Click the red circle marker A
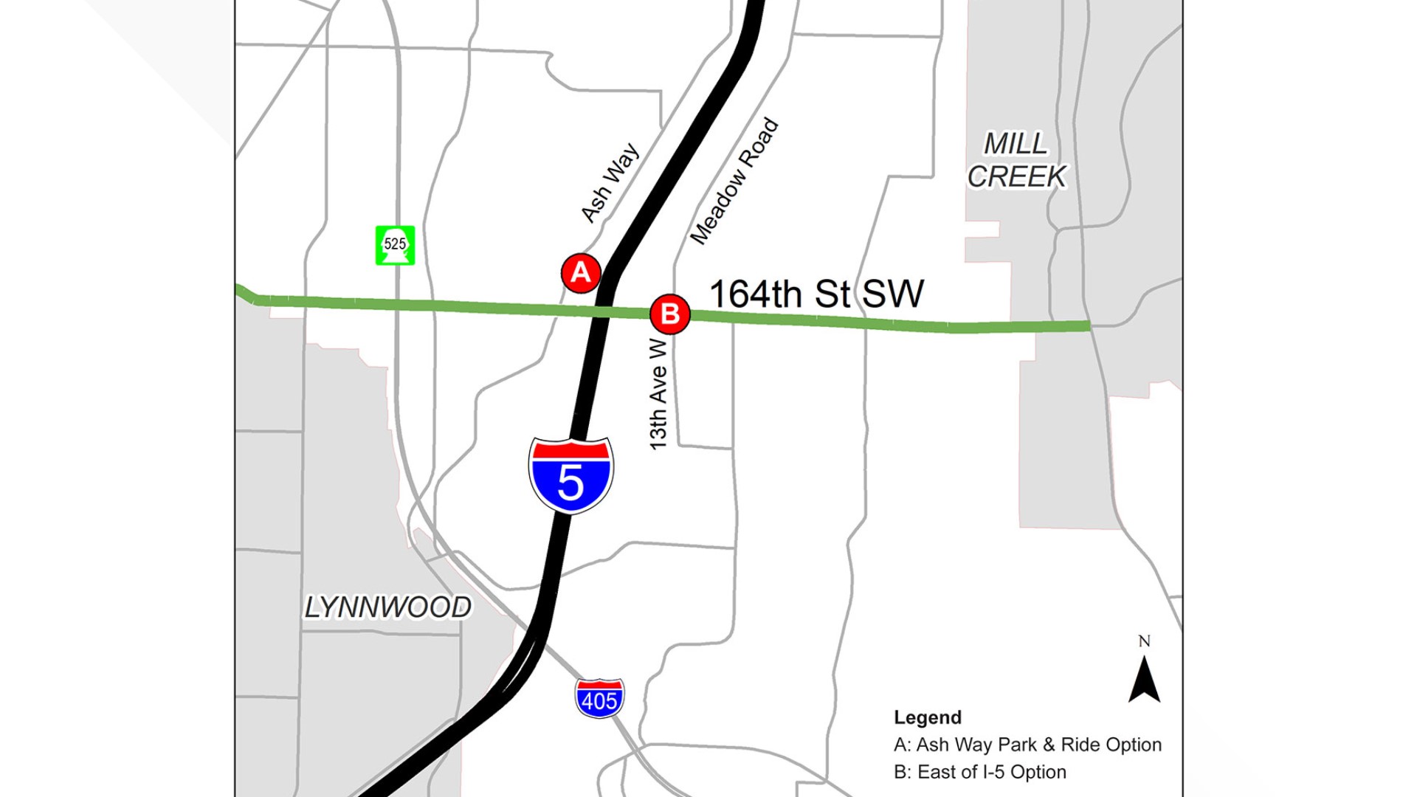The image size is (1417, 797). click(x=581, y=273)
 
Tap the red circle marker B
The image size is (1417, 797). click(x=670, y=314)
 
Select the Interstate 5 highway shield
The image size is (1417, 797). click(x=570, y=475)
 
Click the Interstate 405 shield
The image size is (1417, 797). click(x=599, y=698)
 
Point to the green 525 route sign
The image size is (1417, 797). click(x=395, y=245)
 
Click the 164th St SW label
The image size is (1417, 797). click(x=816, y=294)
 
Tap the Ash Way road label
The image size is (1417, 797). click(x=610, y=182)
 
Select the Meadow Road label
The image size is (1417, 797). click(x=734, y=180)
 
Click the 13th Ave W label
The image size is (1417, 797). click(x=658, y=394)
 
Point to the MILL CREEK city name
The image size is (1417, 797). click(x=1016, y=160)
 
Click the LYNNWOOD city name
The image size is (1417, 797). click(x=388, y=607)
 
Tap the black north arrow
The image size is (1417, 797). click(x=1144, y=680)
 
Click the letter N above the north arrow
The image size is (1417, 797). click(x=1144, y=641)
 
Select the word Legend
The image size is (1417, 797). click(x=928, y=717)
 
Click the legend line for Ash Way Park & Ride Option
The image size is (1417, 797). click(x=1027, y=745)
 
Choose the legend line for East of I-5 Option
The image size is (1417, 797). click(x=979, y=772)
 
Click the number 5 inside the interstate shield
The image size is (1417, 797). click(x=570, y=483)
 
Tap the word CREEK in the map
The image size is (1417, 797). click(x=1016, y=177)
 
